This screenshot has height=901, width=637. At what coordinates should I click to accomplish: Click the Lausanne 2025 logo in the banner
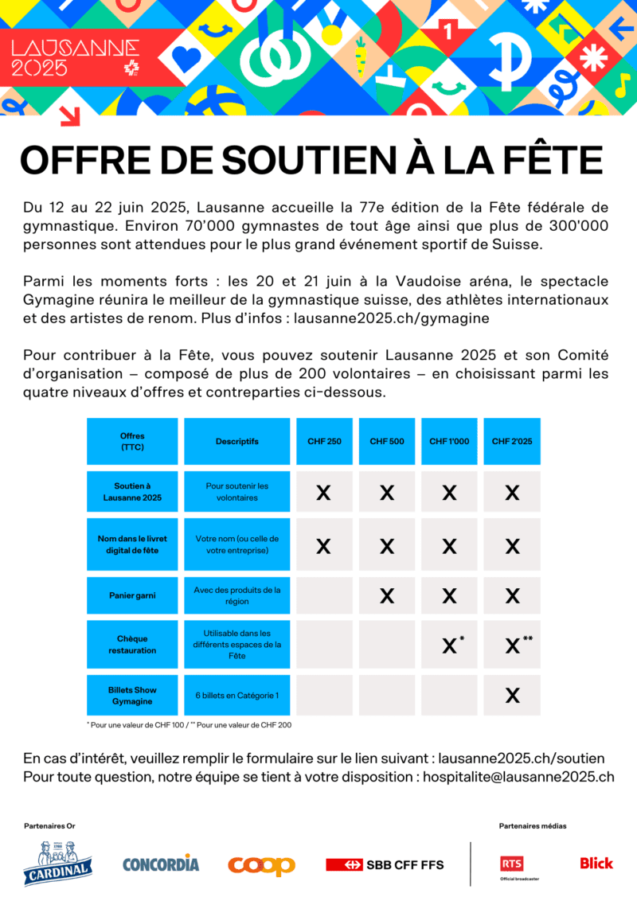(x=76, y=58)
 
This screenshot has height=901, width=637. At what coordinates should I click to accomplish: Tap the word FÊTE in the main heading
(x=553, y=161)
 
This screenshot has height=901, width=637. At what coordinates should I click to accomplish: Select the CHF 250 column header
(x=324, y=441)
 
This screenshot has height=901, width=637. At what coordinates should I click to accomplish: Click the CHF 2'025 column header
(x=512, y=441)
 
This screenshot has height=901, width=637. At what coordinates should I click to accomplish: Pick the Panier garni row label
(x=132, y=595)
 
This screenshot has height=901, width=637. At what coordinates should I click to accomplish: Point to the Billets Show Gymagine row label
(x=132, y=695)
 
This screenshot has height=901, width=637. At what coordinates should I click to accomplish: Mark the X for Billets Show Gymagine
(x=512, y=696)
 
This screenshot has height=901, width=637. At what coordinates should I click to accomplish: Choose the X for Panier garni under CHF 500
(x=387, y=595)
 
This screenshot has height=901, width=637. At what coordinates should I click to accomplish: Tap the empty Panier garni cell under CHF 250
(x=324, y=595)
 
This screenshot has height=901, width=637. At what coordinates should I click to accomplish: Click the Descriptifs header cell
(x=236, y=441)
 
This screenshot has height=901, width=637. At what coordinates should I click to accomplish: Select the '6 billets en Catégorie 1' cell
(x=236, y=696)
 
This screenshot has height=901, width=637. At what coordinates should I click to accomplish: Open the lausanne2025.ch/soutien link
(x=521, y=759)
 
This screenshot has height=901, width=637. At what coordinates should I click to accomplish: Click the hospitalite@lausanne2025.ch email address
(x=518, y=776)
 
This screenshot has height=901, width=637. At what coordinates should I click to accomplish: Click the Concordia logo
(x=161, y=864)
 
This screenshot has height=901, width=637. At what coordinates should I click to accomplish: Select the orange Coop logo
(x=261, y=865)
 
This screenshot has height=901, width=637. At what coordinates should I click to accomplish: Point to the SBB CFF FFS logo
(x=385, y=864)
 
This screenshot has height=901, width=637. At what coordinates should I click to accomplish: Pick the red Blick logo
(x=596, y=863)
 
